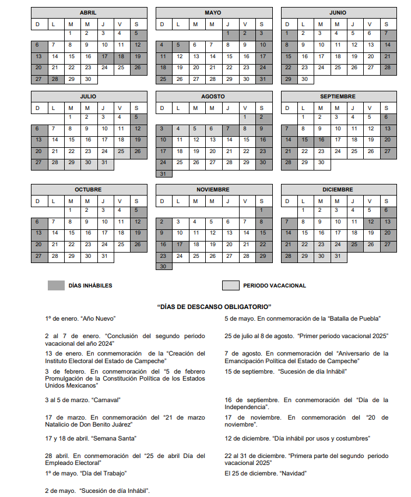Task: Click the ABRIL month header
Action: (88, 12)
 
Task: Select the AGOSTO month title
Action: (213, 96)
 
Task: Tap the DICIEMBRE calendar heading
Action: (338, 190)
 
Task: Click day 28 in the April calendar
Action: (55, 79)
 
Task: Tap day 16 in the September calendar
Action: (321, 140)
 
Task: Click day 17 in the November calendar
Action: (180, 244)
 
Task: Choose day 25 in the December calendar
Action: (354, 244)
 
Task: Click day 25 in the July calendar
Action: (121, 151)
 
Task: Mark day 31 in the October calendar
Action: (104, 256)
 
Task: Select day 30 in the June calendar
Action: (304, 79)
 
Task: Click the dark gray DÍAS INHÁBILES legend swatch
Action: (56, 285)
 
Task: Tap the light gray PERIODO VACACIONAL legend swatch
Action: (230, 285)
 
